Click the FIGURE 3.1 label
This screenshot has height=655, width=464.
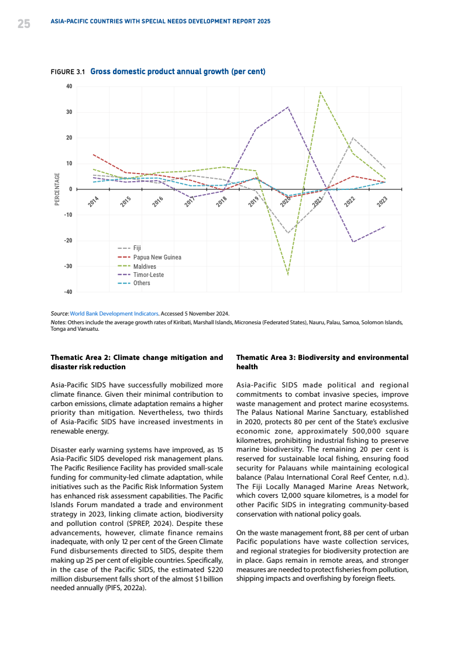click(68, 72)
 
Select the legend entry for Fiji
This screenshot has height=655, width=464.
click(137, 248)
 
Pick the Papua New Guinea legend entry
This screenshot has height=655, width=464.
click(157, 257)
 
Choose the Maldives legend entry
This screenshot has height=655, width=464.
click(145, 266)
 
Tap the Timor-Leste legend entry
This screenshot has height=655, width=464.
click(149, 275)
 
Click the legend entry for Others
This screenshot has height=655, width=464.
click(142, 283)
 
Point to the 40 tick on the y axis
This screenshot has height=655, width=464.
click(69, 86)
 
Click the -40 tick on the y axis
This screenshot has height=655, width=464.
click(68, 292)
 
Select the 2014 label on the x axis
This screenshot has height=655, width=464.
click(93, 202)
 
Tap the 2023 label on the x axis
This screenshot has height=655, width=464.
click(382, 202)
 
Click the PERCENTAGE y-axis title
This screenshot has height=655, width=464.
click(57, 189)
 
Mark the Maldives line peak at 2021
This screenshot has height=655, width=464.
click(320, 92)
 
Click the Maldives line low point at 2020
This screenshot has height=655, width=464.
click(288, 274)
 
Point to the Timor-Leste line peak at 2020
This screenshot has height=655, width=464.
click(288, 107)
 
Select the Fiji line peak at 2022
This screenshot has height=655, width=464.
click(352, 138)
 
